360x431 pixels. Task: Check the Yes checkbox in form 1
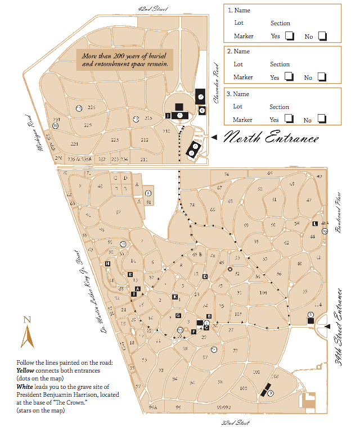[289, 36]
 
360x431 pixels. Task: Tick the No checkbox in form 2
[322, 77]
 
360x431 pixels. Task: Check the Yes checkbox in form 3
[289, 119]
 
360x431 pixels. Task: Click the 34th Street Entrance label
[339, 328]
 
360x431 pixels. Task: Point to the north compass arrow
[25, 337]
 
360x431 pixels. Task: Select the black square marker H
[107, 264]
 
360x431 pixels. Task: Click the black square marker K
[175, 296]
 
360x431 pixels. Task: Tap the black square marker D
[205, 276]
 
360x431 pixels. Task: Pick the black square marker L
[315, 224]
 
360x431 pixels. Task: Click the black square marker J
[168, 115]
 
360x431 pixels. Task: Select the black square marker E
[130, 274]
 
